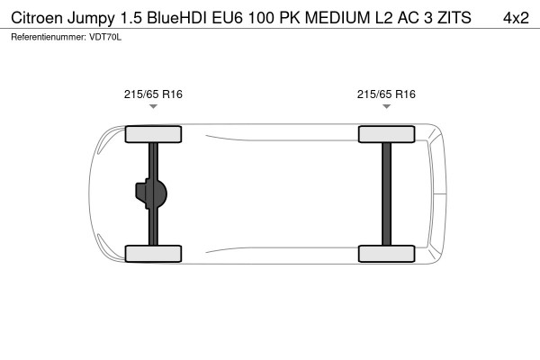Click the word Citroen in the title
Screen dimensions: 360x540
click(x=36, y=17)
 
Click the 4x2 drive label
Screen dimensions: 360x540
click(x=515, y=17)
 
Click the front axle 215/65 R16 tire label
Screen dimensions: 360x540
click(x=153, y=93)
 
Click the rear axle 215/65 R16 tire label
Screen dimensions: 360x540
click(x=386, y=93)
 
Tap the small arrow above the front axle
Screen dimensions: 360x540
click(x=153, y=106)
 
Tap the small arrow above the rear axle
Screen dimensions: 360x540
click(x=386, y=106)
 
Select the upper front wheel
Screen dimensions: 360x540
click(x=153, y=135)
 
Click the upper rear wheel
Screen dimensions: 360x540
click(x=386, y=135)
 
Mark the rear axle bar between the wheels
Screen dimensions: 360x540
click(x=386, y=193)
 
